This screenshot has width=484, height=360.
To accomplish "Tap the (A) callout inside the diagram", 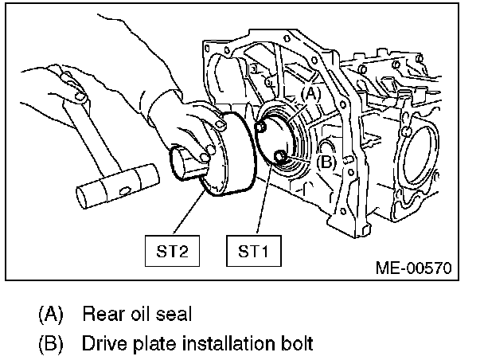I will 311,94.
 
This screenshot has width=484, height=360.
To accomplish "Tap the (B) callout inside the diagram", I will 325,161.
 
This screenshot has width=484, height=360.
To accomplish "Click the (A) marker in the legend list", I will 50,314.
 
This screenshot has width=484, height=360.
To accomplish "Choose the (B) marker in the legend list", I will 50,344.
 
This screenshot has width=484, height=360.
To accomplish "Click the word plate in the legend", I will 150,344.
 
